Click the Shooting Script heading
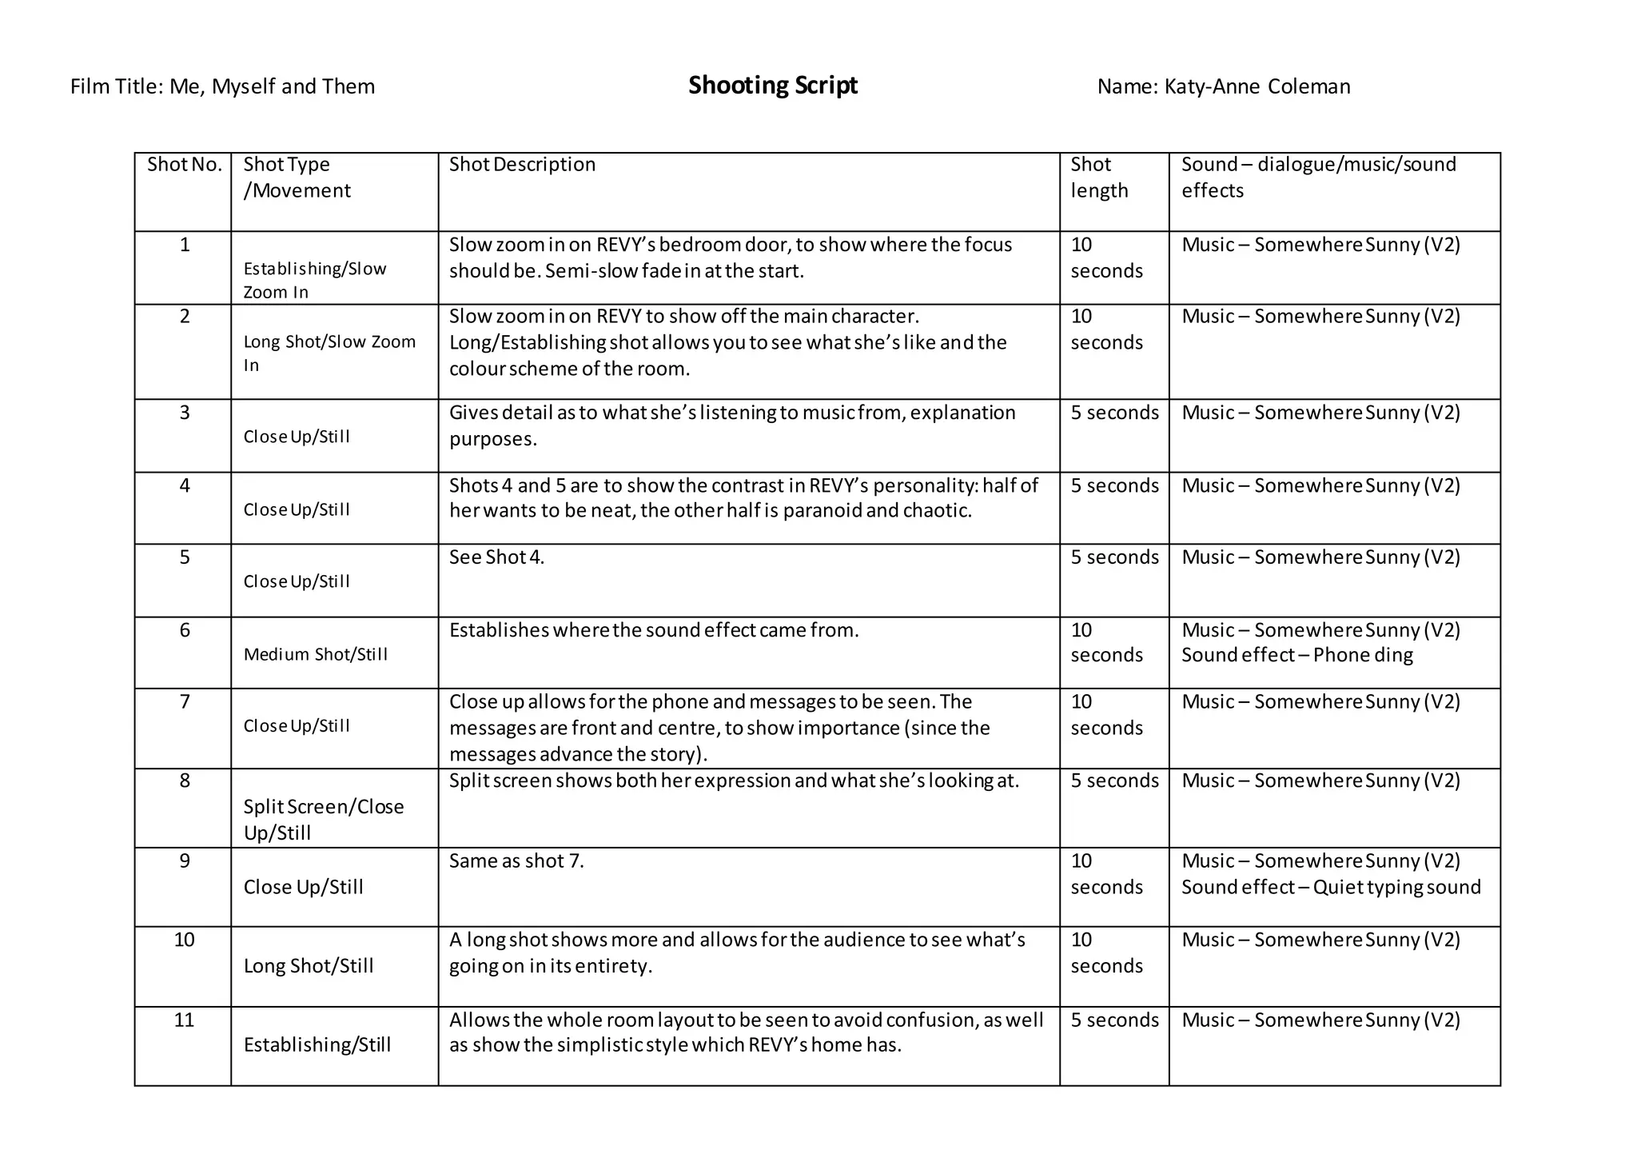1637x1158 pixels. click(772, 86)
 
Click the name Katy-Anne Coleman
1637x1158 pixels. click(1257, 86)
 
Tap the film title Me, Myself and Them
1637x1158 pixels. click(272, 86)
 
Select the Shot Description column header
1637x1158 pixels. click(522, 165)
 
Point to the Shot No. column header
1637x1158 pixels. click(184, 165)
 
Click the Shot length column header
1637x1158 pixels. click(1099, 178)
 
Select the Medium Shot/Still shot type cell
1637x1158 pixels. click(316, 654)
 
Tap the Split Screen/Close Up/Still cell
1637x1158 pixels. click(323, 819)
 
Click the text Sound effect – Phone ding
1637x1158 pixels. click(1296, 655)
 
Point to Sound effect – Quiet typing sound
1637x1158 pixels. click(1331, 887)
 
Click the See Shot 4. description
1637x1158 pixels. click(496, 557)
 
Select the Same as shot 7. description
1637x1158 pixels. click(516, 861)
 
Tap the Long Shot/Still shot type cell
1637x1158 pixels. click(309, 966)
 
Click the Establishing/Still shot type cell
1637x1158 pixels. click(317, 1044)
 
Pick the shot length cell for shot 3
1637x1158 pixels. click(1114, 413)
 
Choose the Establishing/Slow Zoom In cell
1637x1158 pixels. click(314, 280)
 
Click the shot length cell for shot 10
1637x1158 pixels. click(1106, 952)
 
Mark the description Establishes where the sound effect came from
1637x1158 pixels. click(653, 630)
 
